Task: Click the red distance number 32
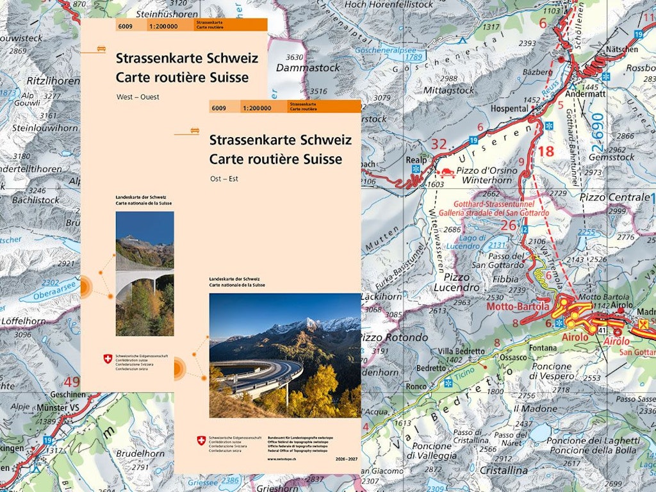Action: pyautogui.click(x=438, y=145)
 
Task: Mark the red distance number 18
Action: pyautogui.click(x=546, y=152)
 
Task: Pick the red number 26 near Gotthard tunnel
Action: pyautogui.click(x=509, y=225)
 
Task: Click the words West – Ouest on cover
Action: pyautogui.click(x=137, y=97)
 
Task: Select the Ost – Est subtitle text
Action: pyautogui.click(x=224, y=179)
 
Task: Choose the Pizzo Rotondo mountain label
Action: pyautogui.click(x=393, y=337)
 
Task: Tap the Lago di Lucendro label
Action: pyautogui.click(x=459, y=242)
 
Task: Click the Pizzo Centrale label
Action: pyautogui.click(x=614, y=197)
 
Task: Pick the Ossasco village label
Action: pyautogui.click(x=514, y=357)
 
